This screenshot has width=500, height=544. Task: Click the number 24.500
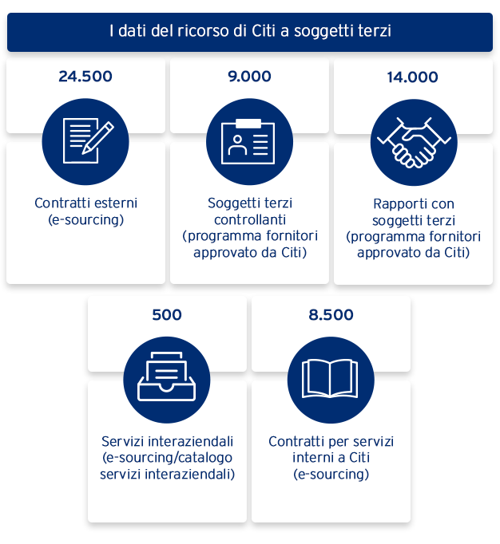coord(85,77)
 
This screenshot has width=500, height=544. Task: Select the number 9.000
coord(249,77)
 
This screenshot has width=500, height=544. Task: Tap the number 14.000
coord(412,77)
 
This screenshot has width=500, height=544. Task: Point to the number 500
coord(167,315)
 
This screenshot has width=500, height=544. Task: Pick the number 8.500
coord(331,315)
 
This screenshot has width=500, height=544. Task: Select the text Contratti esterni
coord(86,203)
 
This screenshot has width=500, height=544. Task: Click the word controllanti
coord(250,219)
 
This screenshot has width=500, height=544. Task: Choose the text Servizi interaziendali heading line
coord(168,441)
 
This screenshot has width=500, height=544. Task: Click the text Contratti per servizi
coord(331,441)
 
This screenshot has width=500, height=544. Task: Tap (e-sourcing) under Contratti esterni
coord(86,219)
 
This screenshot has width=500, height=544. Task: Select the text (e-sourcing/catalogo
coord(168,458)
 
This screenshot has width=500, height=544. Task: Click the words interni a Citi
coord(331,458)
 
